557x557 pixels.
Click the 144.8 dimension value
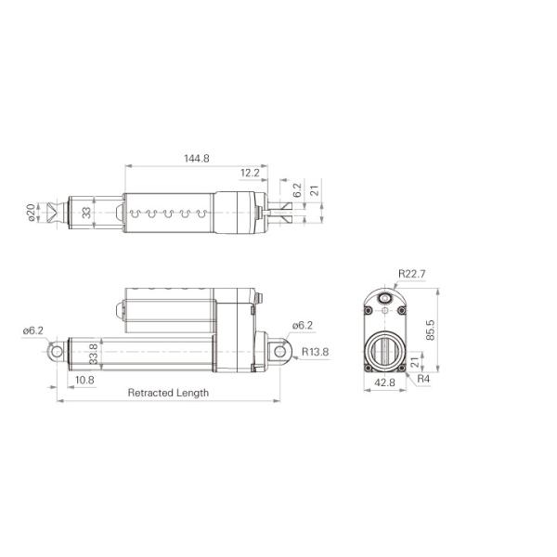click(x=197, y=159)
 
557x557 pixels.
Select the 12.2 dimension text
click(x=249, y=174)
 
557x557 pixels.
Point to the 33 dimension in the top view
click(x=87, y=213)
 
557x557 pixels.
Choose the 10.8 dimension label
click(x=84, y=380)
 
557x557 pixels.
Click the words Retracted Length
click(x=168, y=393)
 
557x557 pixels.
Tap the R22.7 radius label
click(x=411, y=274)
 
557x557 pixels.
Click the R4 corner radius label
click(x=423, y=380)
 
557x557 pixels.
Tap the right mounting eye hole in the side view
click(x=279, y=352)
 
